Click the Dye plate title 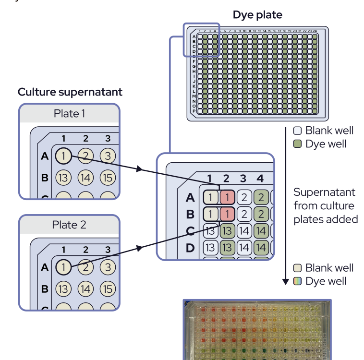point(257,15)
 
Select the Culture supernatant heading point(70,92)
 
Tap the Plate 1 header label point(69,114)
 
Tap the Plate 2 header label point(69,225)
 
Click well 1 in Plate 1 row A point(63,156)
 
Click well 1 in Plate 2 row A point(63,267)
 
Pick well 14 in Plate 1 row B point(85,178)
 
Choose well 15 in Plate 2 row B point(108,289)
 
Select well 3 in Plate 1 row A point(108,156)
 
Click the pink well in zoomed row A point(227,196)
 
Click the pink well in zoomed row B point(227,214)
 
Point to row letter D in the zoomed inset point(190,248)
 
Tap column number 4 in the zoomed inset point(260,179)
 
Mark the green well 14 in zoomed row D point(260,248)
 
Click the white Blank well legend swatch point(298,131)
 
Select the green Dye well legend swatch point(298,144)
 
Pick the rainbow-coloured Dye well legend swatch point(298,281)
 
